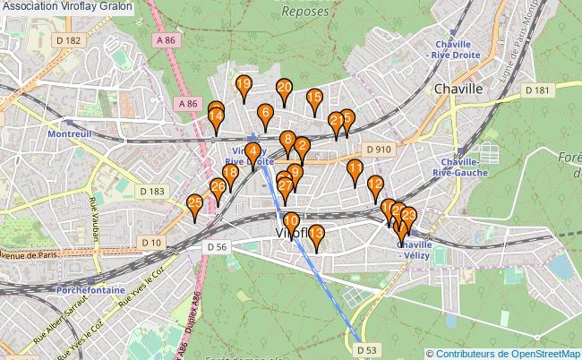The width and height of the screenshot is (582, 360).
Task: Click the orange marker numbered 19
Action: (x=243, y=85)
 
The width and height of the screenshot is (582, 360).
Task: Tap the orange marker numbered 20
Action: (x=284, y=88)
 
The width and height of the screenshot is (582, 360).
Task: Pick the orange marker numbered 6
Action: (x=264, y=113)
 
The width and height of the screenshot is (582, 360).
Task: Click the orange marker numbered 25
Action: (x=194, y=204)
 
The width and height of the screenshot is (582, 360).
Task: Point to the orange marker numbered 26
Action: (x=218, y=187)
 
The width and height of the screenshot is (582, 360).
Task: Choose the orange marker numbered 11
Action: (x=355, y=167)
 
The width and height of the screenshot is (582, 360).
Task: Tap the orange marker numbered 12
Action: (x=375, y=185)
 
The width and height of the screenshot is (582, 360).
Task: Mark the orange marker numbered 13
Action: (x=315, y=235)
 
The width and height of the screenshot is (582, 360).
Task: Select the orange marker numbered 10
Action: (x=291, y=221)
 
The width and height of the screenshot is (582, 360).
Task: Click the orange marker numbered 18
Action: (x=230, y=173)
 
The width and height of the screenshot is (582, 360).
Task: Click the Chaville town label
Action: (x=457, y=90)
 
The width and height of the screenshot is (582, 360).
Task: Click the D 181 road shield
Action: (x=537, y=90)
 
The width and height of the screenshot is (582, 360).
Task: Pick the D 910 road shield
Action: (x=379, y=149)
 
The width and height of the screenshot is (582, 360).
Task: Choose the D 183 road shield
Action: (x=151, y=191)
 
